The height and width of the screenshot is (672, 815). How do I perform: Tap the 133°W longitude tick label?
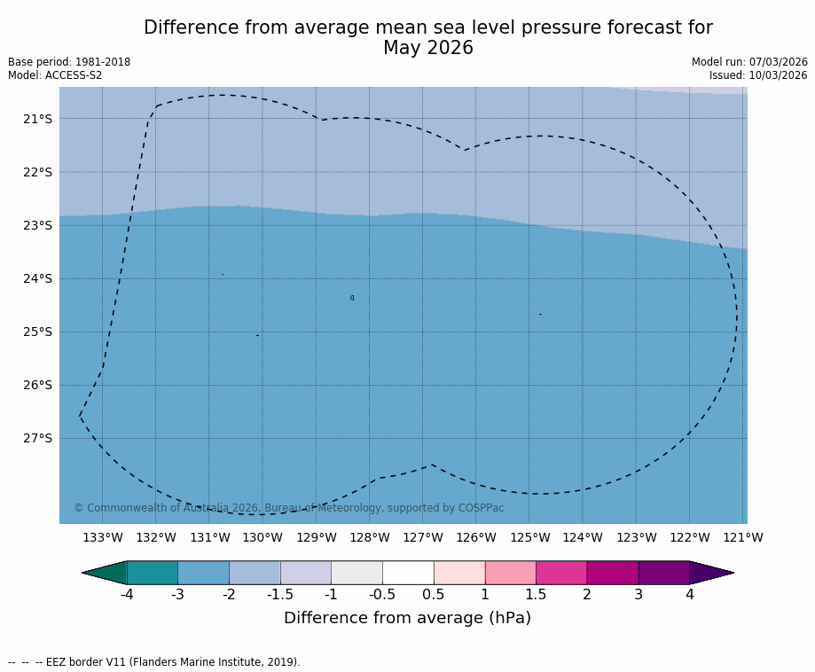click(x=102, y=538)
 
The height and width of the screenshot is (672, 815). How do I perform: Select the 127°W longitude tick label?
click(x=422, y=538)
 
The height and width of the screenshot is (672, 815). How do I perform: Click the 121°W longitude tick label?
click(x=743, y=538)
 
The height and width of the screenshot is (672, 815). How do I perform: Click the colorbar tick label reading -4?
click(x=127, y=595)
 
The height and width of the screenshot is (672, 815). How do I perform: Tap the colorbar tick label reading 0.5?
click(x=434, y=595)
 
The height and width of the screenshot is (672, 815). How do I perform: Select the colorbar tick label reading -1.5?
click(x=280, y=595)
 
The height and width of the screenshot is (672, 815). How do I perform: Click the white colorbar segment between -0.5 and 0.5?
click(x=408, y=573)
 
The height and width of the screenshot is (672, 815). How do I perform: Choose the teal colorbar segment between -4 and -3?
click(x=153, y=573)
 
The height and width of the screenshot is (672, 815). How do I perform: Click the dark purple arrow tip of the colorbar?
click(x=714, y=573)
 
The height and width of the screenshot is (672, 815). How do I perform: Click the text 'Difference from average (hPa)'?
click(x=407, y=619)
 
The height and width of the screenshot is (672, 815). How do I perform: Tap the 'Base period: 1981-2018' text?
click(x=69, y=62)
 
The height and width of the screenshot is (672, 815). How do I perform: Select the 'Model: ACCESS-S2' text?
click(x=55, y=75)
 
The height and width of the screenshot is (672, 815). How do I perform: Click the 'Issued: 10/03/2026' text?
click(x=758, y=75)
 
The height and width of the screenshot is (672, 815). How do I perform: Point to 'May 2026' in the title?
click(x=428, y=48)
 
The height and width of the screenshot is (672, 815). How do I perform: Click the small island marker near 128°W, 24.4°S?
click(x=352, y=298)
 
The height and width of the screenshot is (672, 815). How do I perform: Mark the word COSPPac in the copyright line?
click(x=481, y=508)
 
